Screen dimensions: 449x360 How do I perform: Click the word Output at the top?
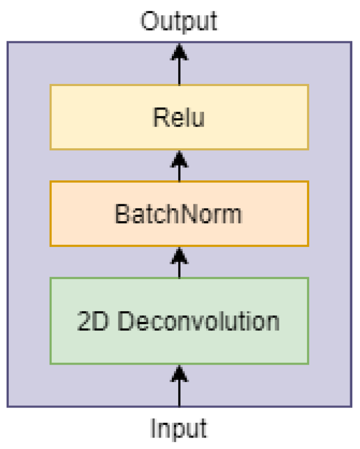tap(179, 22)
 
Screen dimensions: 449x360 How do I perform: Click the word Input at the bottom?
tap(179, 428)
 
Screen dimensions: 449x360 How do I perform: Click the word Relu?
tap(179, 118)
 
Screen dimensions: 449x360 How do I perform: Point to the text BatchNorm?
tap(179, 214)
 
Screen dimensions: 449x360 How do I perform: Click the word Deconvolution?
tap(199, 321)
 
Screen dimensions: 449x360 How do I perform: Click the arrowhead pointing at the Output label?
tap(179, 52)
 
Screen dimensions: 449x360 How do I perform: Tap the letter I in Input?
tap(153, 428)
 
